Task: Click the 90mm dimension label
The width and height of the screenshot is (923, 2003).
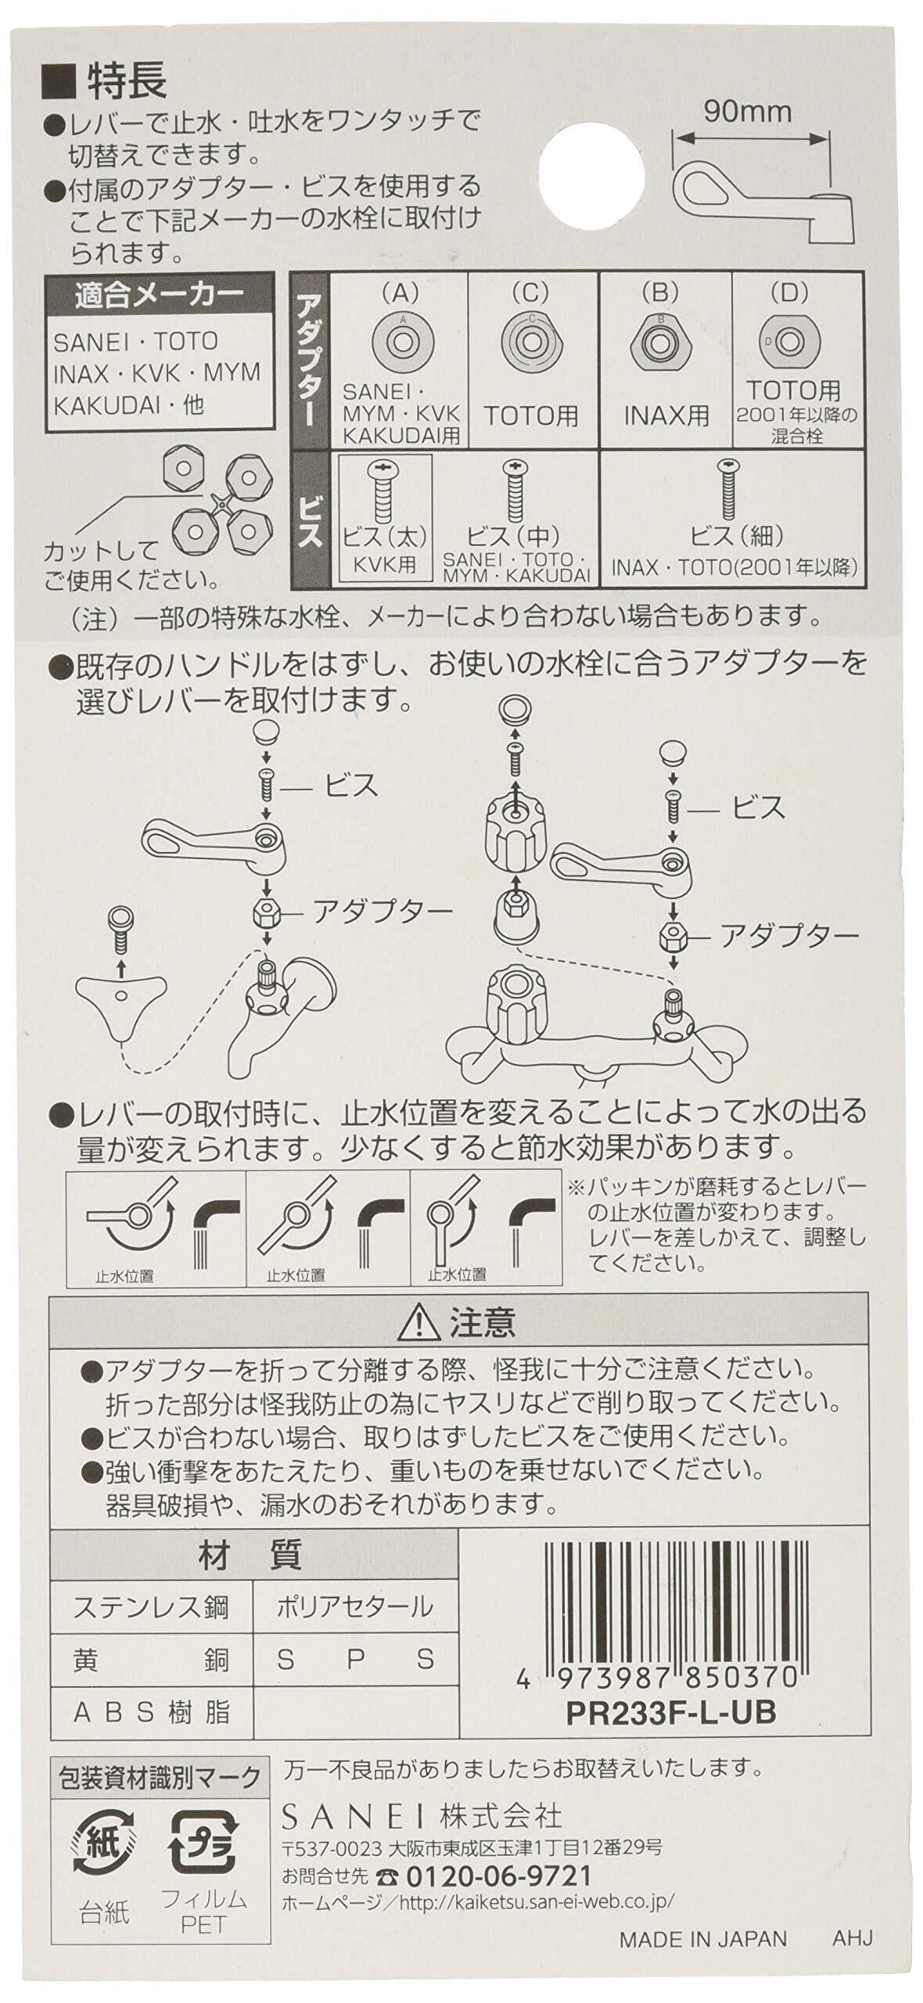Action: (x=746, y=112)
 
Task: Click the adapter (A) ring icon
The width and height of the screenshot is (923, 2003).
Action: (x=401, y=341)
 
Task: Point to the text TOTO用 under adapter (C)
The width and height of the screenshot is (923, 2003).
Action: (x=530, y=415)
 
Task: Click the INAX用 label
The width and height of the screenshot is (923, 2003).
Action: (x=663, y=415)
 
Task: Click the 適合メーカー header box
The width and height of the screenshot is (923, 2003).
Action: (x=160, y=297)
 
